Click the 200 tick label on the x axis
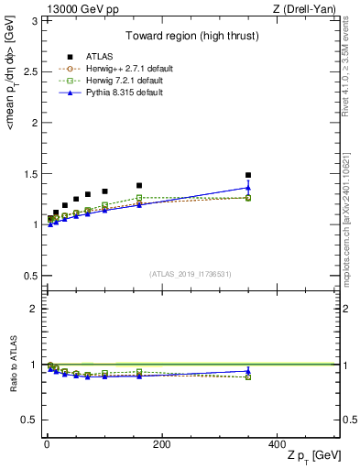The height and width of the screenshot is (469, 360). coord(161,443)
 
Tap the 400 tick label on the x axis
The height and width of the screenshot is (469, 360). coord(277,443)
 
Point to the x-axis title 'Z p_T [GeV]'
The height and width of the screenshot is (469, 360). coord(312,456)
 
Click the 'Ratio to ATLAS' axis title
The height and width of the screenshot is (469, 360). coord(12,365)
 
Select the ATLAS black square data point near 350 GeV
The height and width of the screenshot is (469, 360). coord(248,175)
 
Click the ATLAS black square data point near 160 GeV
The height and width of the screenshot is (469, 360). coord(139,185)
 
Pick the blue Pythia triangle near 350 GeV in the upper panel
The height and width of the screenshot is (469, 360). coord(248,188)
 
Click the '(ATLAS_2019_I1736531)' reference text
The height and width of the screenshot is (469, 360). coord(191,274)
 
